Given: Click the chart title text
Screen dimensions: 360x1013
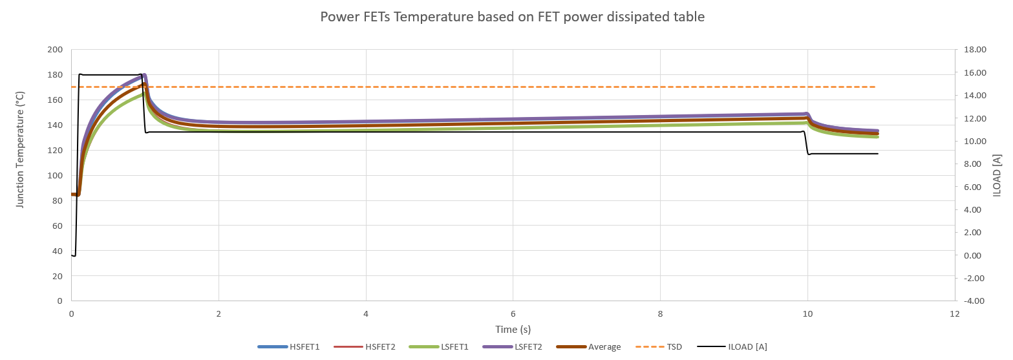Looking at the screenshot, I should point(512,17).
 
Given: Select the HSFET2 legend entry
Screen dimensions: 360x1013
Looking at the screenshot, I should point(365,347).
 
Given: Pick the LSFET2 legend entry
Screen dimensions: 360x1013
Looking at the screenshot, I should point(513,347).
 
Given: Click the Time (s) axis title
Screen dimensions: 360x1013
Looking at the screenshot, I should point(513,330).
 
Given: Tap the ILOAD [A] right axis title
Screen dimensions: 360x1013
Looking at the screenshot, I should point(997,175).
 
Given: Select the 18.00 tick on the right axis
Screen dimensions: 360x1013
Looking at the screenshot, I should point(972,50).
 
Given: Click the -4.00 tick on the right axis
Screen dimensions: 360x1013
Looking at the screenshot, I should point(972,301).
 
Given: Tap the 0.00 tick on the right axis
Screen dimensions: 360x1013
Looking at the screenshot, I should point(972,255).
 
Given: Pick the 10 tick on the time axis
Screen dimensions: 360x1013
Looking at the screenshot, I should point(807,313).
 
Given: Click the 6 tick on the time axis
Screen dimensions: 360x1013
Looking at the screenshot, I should point(513,313).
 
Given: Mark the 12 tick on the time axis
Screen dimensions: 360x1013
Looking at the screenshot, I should point(955,313).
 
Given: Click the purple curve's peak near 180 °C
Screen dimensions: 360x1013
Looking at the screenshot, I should point(144,76).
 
